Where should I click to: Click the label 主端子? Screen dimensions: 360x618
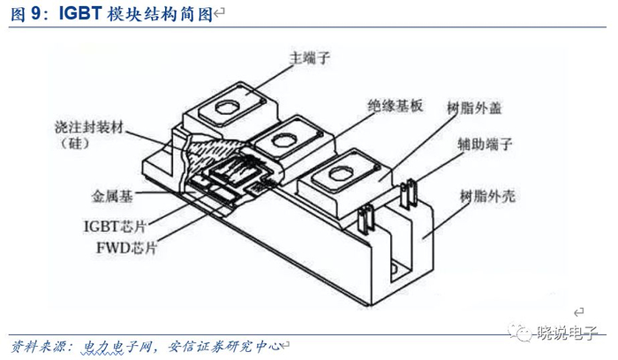point(309,58)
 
